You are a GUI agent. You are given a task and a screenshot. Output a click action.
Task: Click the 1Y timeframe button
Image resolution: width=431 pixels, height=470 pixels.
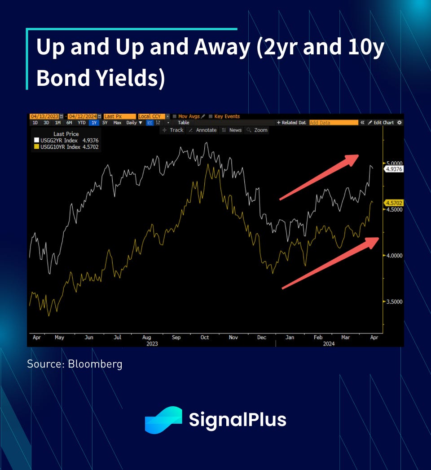(x=94, y=123)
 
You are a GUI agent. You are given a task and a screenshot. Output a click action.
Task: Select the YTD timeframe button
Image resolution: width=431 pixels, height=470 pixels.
(x=81, y=123)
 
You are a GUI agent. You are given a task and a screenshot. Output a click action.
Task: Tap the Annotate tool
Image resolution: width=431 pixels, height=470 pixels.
(x=203, y=130)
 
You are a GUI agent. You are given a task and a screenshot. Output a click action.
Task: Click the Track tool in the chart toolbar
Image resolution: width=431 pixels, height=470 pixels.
(x=173, y=130)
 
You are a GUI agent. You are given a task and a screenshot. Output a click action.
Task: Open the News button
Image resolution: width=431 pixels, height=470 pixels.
(x=232, y=130)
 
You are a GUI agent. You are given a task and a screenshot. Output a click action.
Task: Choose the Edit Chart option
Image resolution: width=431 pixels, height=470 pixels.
(x=381, y=123)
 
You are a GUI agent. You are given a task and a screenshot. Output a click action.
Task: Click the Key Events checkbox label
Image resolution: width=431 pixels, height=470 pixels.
(x=227, y=116)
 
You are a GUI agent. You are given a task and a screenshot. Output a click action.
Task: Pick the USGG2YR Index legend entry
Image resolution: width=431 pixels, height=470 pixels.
(x=66, y=140)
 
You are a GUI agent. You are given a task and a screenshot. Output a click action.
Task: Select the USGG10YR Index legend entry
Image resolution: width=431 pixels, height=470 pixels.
(x=66, y=147)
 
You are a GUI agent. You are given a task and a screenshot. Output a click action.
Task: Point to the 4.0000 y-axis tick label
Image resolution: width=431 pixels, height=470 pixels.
(x=395, y=256)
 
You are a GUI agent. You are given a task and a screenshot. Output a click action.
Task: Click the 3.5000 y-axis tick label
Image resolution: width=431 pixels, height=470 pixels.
(x=395, y=302)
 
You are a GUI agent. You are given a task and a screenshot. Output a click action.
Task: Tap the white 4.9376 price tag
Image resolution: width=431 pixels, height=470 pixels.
(x=394, y=169)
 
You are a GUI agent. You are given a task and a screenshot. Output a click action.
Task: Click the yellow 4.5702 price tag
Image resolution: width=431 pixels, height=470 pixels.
(x=394, y=203)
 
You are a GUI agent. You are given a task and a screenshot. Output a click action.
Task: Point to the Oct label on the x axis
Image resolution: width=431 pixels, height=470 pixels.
(x=205, y=337)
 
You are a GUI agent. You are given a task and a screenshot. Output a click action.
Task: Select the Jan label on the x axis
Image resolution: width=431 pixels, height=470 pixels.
(x=290, y=337)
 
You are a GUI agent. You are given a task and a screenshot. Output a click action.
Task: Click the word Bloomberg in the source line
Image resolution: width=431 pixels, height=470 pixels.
(x=95, y=364)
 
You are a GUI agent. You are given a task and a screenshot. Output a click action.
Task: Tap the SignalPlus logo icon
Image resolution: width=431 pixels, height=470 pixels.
(x=163, y=420)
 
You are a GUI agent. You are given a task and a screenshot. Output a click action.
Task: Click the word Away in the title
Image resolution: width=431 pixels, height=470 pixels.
(x=222, y=47)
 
